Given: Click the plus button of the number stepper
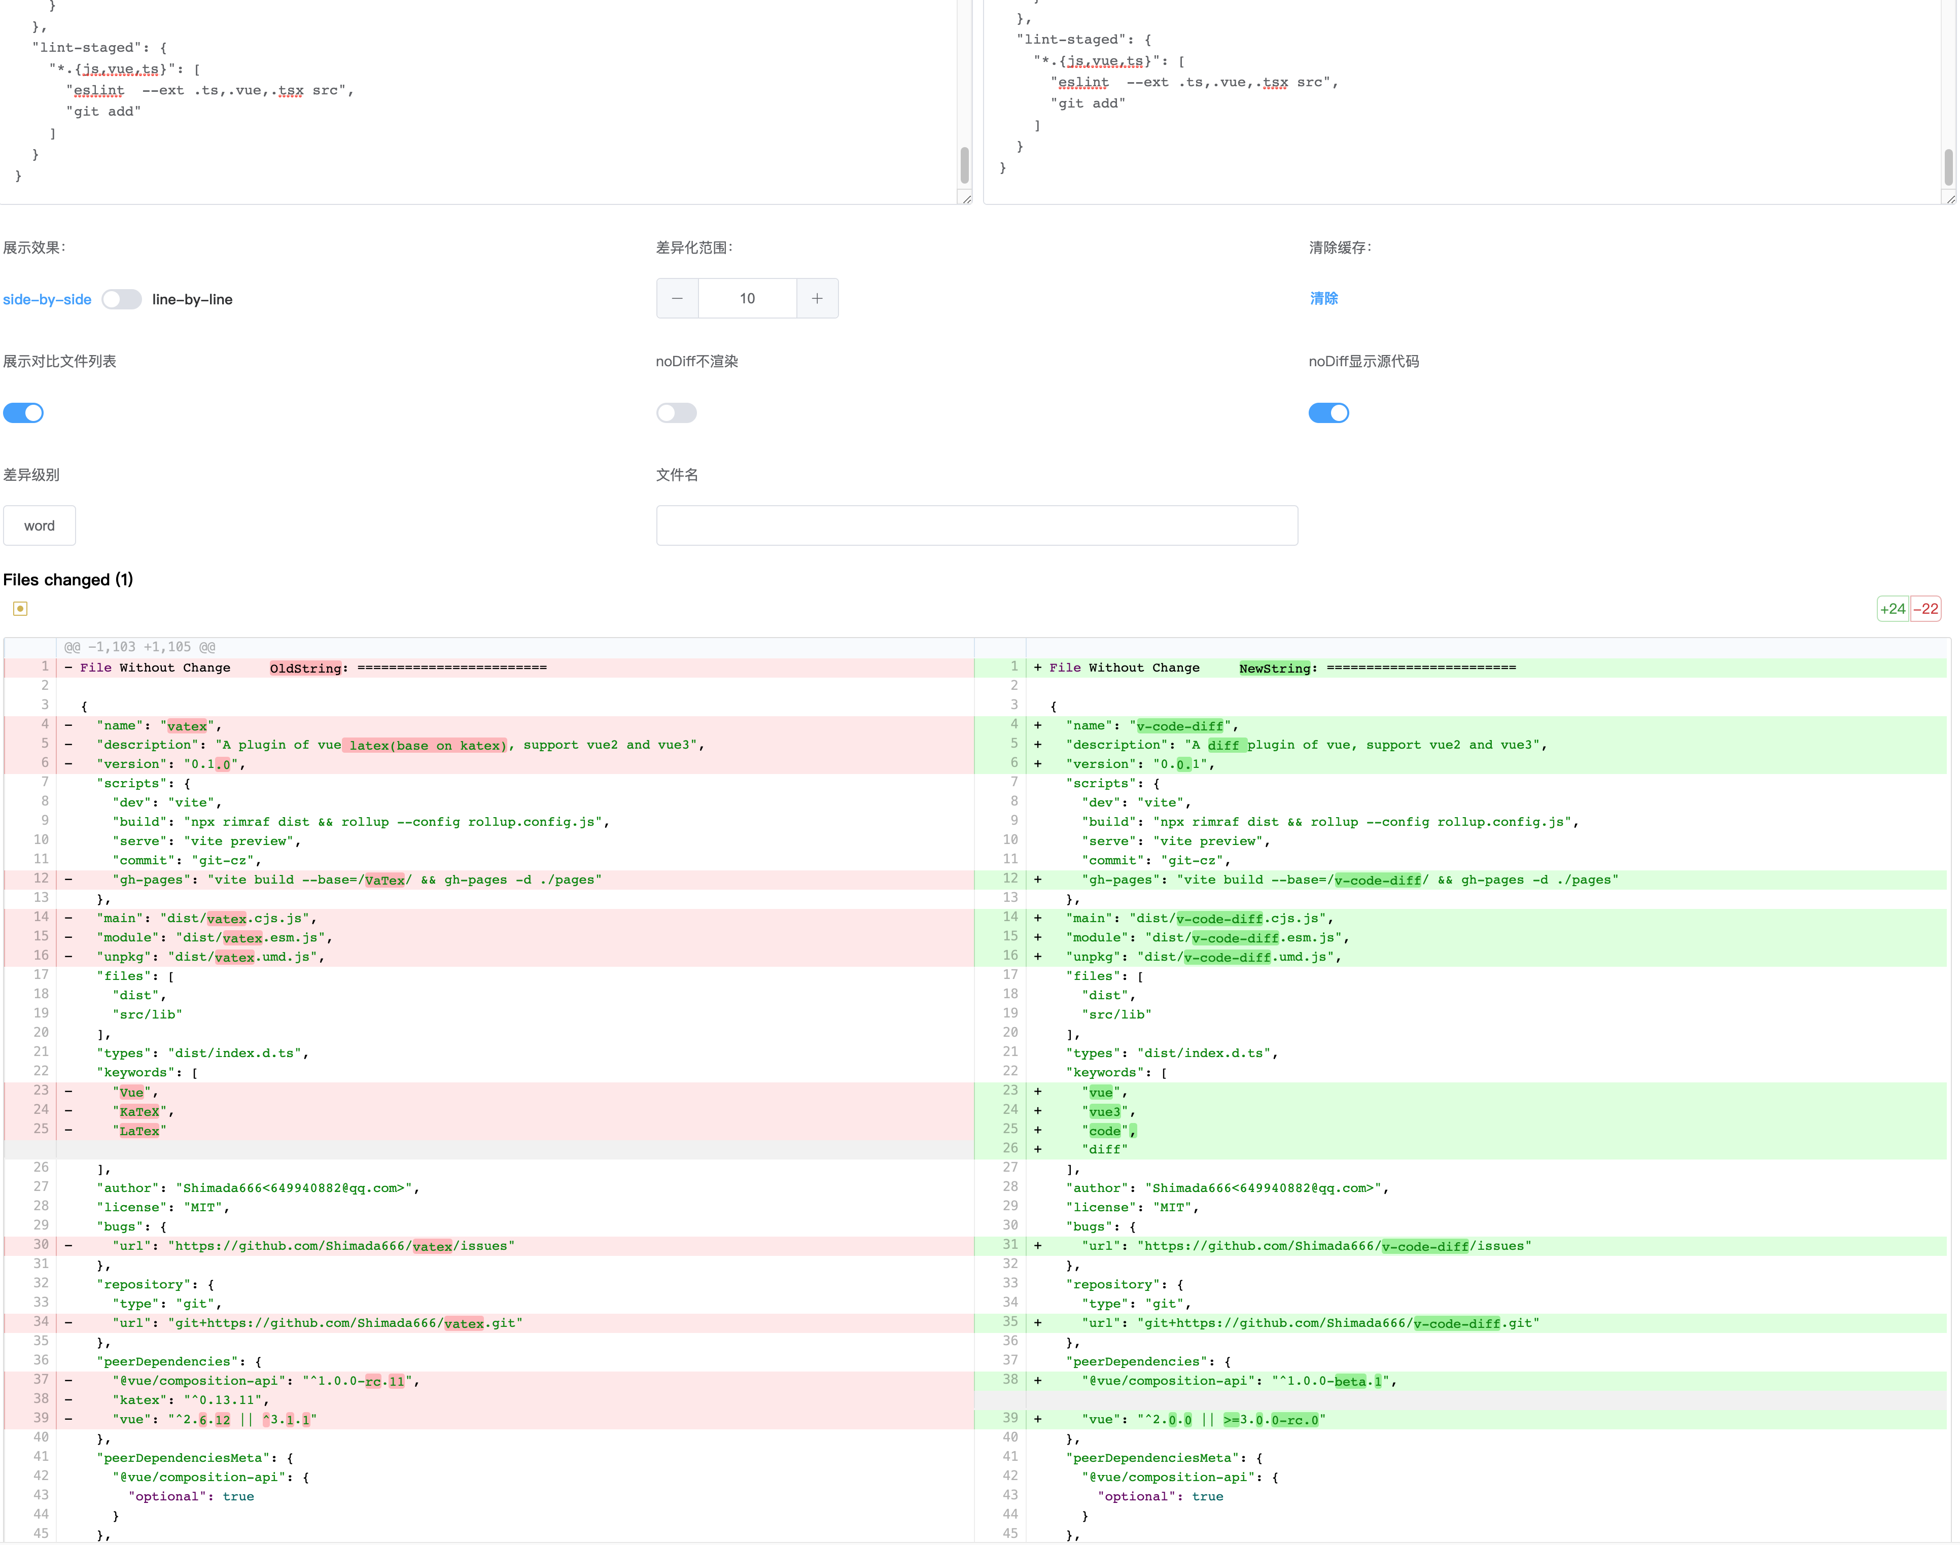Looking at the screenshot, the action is [x=817, y=299].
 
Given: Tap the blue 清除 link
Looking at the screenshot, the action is [x=1323, y=299].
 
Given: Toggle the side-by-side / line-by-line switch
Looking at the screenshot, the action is [x=121, y=299].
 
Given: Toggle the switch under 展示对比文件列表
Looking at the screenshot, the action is [x=23, y=412].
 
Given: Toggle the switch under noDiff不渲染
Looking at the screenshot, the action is [x=677, y=412].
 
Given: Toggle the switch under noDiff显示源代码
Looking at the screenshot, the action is [x=1328, y=412].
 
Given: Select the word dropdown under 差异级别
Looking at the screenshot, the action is [x=39, y=525].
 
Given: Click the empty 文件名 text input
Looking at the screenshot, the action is [x=977, y=525].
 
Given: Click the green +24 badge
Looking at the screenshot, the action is [x=1892, y=609].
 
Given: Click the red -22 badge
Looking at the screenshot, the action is [x=1926, y=609].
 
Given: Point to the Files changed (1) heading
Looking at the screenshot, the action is [x=68, y=580].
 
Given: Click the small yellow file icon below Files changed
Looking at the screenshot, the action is [x=20, y=609].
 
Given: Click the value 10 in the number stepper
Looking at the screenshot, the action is [x=747, y=299].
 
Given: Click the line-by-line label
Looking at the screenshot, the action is [x=192, y=299].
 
